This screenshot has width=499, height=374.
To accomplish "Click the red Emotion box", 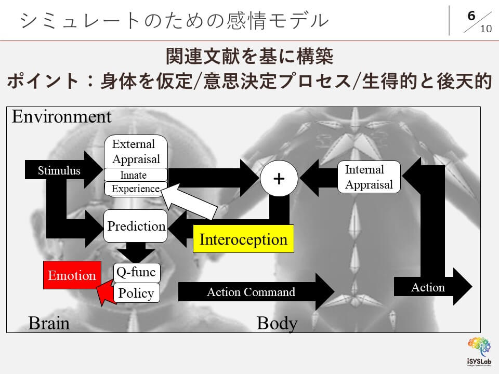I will coord(72,276).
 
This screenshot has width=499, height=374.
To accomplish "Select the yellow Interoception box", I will coord(243,239).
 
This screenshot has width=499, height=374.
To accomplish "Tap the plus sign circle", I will coord(279,178).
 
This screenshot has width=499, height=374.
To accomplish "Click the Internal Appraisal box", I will coord(369,177).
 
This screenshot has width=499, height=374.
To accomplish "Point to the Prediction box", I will coord(136,226).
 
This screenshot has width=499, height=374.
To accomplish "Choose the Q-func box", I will coord(136,272).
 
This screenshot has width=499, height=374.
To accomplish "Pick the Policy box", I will coord(136,293).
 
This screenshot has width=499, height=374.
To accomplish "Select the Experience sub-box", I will coord(136,189).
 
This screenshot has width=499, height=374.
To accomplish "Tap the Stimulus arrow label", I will coord(59,170).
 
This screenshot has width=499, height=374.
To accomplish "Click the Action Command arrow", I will coord(251,292).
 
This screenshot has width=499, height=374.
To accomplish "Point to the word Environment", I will coord(61,116).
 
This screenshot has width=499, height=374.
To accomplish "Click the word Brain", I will coord(49,323).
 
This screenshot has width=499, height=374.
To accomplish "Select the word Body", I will coord(277,323).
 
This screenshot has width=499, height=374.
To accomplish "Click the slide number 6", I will coord(471,16).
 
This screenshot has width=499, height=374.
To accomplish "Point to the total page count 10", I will coord(485,29).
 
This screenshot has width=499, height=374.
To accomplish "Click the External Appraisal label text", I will coord(136,151).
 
